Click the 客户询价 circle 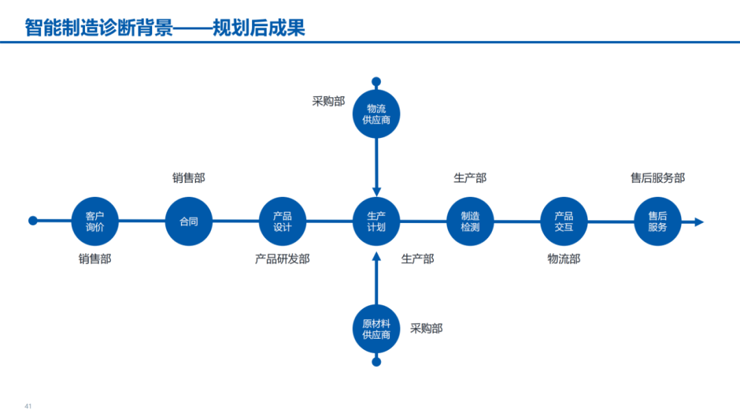95,222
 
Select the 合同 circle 189,222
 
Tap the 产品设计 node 282,222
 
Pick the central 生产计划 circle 376,222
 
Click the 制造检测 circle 470,222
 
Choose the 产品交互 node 564,222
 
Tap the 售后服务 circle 658,222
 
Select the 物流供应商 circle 376,114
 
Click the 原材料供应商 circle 376,329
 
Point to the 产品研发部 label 282,259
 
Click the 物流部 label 564,259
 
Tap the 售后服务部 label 658,178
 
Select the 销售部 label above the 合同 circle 188,178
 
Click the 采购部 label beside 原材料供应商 426,329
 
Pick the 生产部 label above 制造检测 470,178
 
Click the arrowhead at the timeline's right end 698,222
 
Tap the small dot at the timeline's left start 33,221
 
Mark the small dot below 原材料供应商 376,361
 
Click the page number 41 28,406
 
